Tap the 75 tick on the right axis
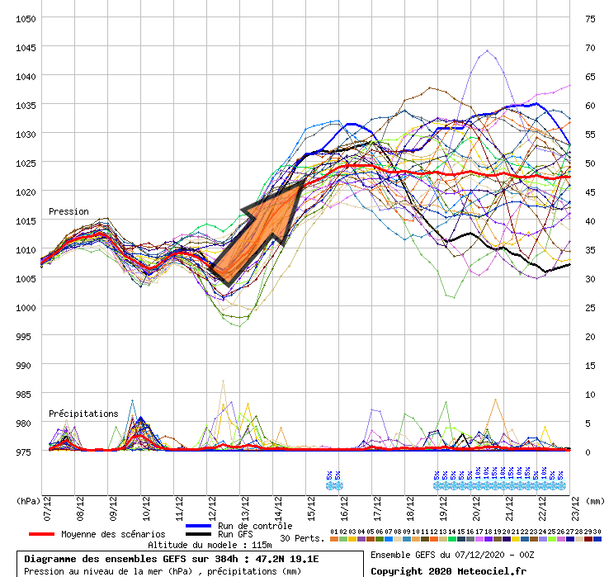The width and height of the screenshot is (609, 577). (589, 18)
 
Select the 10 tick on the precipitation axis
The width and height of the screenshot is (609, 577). (589, 394)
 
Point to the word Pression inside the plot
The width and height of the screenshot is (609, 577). (68, 212)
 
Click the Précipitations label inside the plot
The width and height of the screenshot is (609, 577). (83, 414)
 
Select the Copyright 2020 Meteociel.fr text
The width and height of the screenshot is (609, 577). (448, 570)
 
